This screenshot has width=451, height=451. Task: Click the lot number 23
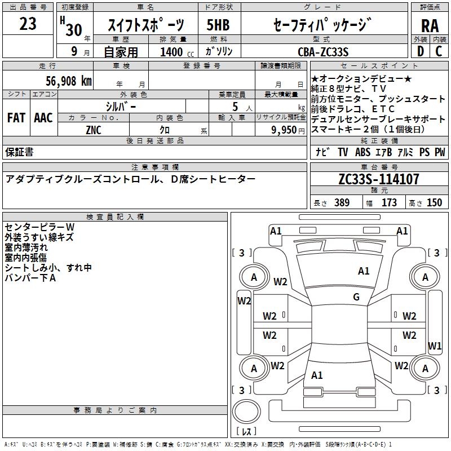click(x=28, y=24)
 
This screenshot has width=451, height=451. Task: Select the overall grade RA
click(x=430, y=26)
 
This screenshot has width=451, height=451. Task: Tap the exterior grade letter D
click(x=420, y=51)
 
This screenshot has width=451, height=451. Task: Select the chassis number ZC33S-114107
click(x=378, y=180)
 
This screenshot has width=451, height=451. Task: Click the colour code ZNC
click(x=94, y=129)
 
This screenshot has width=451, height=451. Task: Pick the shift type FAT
click(x=16, y=118)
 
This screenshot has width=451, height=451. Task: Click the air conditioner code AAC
click(x=43, y=118)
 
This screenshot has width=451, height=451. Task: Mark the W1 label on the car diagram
click(x=435, y=346)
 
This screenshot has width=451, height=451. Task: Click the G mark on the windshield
click(x=356, y=297)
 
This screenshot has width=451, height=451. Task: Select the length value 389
click(x=340, y=203)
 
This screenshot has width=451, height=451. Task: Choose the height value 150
click(x=434, y=203)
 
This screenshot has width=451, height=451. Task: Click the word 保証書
click(x=19, y=152)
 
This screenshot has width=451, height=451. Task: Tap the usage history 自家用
click(x=121, y=52)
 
